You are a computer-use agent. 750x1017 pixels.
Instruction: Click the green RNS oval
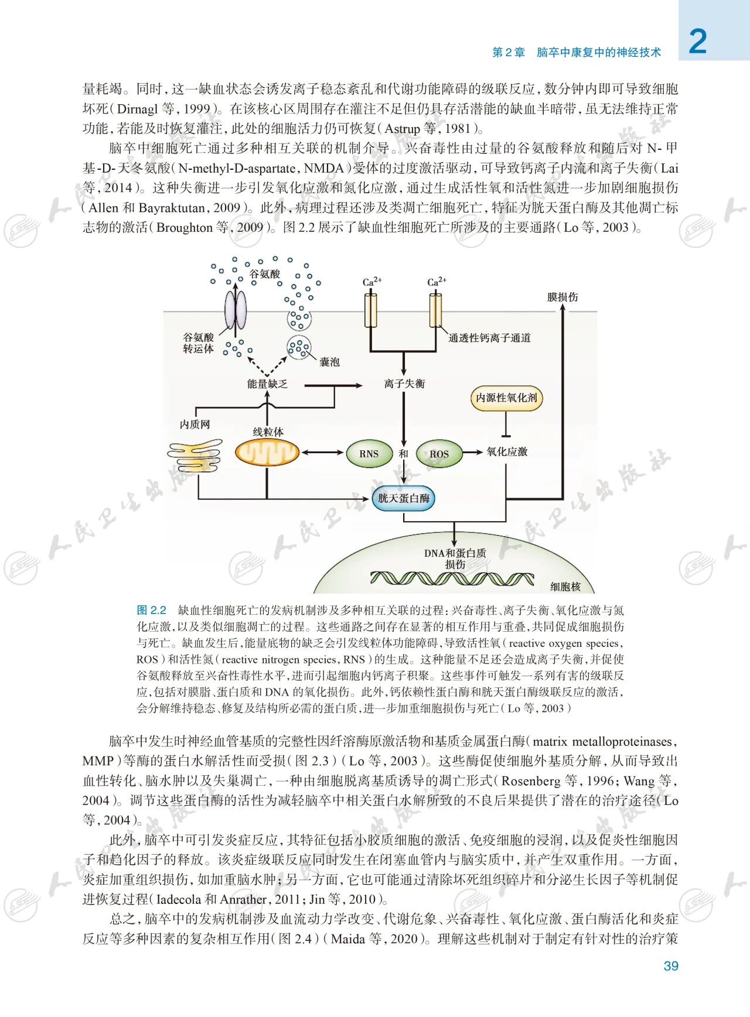point(369,454)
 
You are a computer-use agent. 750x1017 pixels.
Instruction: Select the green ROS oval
point(438,454)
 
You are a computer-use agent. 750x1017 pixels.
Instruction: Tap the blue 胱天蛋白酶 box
point(404,498)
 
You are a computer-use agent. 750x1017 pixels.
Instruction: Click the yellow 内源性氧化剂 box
point(506,398)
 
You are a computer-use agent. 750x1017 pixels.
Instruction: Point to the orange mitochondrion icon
point(267,453)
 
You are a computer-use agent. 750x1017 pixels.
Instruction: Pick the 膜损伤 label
point(562,297)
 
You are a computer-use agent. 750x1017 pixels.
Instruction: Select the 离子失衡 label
point(404,383)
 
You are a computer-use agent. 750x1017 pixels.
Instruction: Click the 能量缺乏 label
point(267,384)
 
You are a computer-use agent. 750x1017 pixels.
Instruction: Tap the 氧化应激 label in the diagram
point(507,451)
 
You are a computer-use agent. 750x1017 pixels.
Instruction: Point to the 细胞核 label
point(565,586)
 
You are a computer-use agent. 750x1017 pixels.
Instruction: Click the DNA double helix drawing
point(452,578)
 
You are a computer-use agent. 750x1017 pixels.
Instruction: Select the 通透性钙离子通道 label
point(489,338)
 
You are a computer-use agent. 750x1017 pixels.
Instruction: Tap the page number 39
point(671,966)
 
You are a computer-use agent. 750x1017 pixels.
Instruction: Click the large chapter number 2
point(697,42)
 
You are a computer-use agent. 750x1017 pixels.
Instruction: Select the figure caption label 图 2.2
point(151,610)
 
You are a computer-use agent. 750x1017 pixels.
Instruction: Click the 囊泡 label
point(329,362)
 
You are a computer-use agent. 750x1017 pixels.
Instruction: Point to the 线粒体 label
point(268,432)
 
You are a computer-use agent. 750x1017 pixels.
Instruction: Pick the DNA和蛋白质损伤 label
point(455,558)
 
